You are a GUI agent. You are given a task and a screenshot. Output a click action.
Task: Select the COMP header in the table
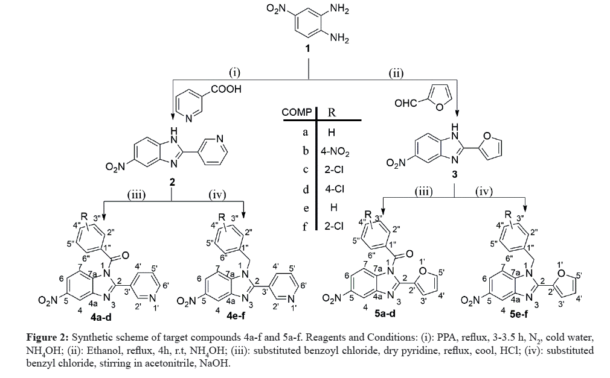tap(297, 113)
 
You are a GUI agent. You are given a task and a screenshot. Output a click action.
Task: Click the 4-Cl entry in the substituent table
tap(333, 189)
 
